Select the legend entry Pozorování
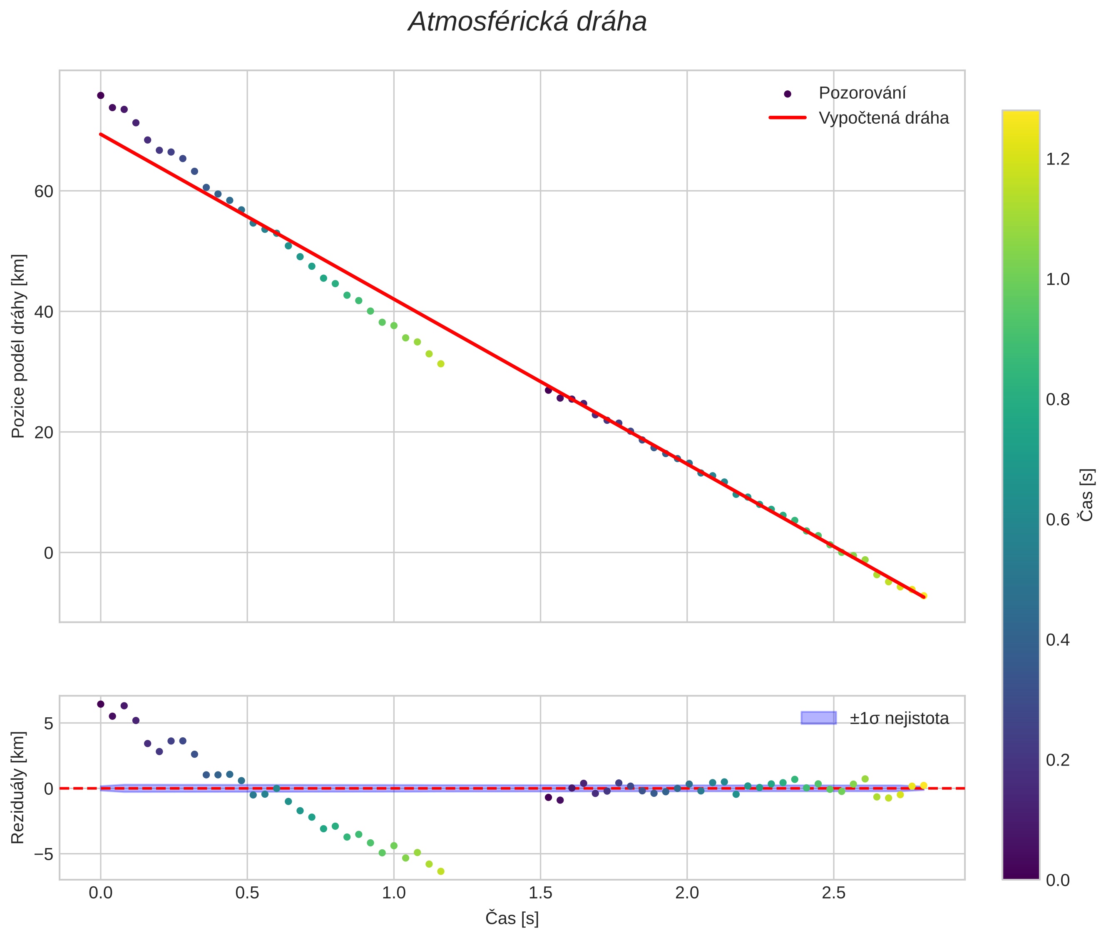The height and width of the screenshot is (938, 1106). pyautogui.click(x=861, y=93)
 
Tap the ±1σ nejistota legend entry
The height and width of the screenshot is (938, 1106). pyautogui.click(x=899, y=719)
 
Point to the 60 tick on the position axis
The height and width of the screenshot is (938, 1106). pyautogui.click(x=44, y=192)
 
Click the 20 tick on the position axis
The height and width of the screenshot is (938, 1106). pyautogui.click(x=44, y=432)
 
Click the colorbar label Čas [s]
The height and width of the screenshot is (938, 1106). pyautogui.click(x=1087, y=495)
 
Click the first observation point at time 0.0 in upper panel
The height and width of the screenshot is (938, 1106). pyautogui.click(x=100, y=96)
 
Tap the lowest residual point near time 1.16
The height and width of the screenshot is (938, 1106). pyautogui.click(x=441, y=871)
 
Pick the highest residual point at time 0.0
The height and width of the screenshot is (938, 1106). pyautogui.click(x=100, y=704)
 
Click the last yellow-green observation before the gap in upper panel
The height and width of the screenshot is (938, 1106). pyautogui.click(x=441, y=364)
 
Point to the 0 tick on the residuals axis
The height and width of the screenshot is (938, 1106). pyautogui.click(x=48, y=789)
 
